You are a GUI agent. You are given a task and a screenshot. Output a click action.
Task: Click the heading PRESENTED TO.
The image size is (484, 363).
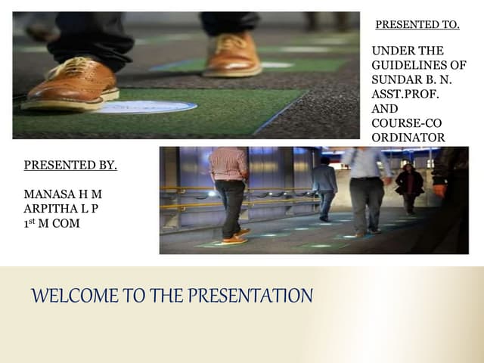(x=417, y=25)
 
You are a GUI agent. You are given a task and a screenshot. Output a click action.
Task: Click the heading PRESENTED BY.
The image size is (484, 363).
(x=70, y=165)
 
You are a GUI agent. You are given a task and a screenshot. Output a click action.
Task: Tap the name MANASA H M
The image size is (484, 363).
(x=63, y=194)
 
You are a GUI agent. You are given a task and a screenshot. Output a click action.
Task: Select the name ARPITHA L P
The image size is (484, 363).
(x=61, y=209)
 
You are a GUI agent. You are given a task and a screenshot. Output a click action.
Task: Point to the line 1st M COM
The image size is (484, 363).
(x=52, y=223)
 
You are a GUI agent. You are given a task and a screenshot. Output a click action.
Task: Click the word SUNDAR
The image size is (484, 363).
(x=396, y=79)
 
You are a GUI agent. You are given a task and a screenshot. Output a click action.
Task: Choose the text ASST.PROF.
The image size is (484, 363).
(x=405, y=94)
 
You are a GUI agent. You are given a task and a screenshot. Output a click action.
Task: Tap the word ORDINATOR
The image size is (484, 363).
(x=408, y=138)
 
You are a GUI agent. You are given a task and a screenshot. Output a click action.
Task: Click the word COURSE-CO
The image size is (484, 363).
(x=407, y=123)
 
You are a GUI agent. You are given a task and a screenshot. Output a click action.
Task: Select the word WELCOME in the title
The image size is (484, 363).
(x=75, y=296)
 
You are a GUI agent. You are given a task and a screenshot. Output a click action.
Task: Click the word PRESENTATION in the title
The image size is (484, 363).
(x=250, y=296)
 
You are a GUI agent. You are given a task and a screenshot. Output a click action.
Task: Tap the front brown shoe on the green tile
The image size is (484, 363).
(x=71, y=84)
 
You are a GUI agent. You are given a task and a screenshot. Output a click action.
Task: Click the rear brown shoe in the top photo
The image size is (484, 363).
(x=233, y=55)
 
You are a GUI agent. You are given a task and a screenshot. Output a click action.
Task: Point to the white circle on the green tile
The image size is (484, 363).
(x=145, y=107)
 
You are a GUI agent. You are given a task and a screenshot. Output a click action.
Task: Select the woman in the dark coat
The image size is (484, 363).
(x=410, y=189)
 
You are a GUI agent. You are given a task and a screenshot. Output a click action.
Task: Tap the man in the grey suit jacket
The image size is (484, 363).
(x=324, y=189)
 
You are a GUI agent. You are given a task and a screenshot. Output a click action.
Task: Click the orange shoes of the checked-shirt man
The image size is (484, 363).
(x=236, y=237)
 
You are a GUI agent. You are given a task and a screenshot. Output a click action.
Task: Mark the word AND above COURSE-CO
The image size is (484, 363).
(x=385, y=109)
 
